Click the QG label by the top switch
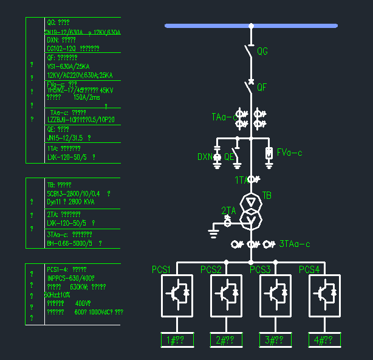(x=262, y=52)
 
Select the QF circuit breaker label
(x=262, y=88)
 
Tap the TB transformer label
(x=267, y=195)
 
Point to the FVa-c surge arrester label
(x=289, y=153)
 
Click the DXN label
(x=205, y=157)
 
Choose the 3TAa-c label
(x=295, y=244)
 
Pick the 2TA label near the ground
(x=228, y=210)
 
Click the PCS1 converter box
(x=177, y=296)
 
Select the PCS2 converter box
(x=227, y=296)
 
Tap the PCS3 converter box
(x=276, y=296)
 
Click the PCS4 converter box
(x=324, y=296)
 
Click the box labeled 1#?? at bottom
(x=177, y=341)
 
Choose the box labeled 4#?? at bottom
(x=324, y=341)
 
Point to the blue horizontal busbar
(x=251, y=26)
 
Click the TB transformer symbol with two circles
(x=250, y=210)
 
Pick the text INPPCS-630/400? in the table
(x=70, y=277)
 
